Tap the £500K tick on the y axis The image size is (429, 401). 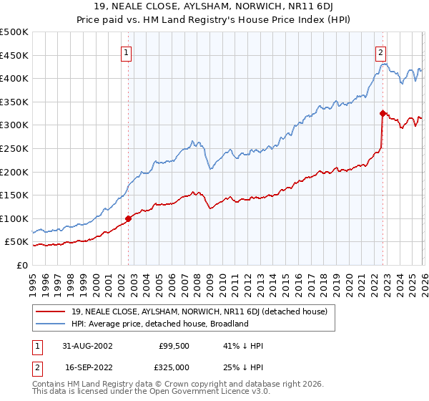point(14,32)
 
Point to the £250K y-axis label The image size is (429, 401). point(14,148)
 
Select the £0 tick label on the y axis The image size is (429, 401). point(21,265)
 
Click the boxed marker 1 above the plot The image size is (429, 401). point(127,52)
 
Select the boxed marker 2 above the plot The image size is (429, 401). point(381,52)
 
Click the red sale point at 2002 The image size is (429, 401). point(129,218)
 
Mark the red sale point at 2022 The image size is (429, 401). point(383,112)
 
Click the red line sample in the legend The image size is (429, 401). point(51,311)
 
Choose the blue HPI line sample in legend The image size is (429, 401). point(51,324)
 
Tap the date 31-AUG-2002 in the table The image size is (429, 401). point(87,346)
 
